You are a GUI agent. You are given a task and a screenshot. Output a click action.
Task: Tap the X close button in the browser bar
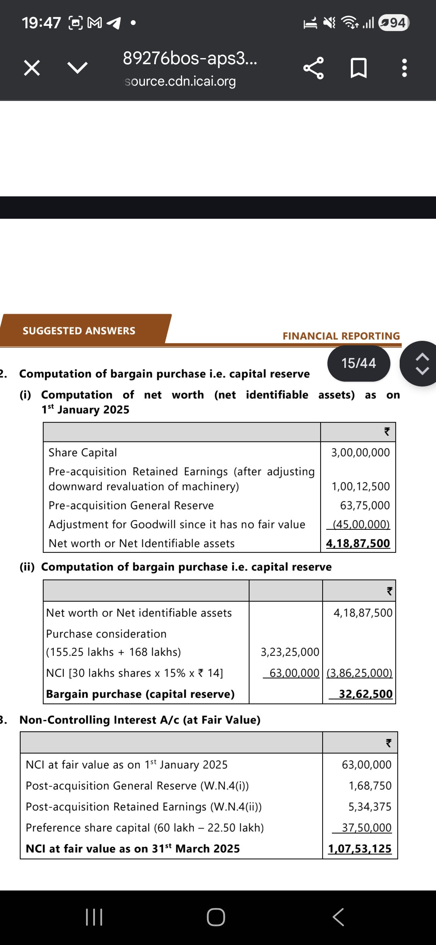pyautogui.click(x=32, y=68)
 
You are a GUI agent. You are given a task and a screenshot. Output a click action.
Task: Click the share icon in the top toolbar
pyautogui.click(x=313, y=68)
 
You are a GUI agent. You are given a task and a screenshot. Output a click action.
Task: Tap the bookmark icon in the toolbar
pyautogui.click(x=358, y=68)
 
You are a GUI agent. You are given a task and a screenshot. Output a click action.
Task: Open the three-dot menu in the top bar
pyautogui.click(x=405, y=68)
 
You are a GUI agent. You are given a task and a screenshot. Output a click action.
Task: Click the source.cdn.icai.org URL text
pyautogui.click(x=180, y=82)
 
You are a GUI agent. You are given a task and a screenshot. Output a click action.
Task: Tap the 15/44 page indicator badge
pyautogui.click(x=358, y=363)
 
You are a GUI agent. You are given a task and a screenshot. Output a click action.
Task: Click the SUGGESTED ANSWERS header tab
pyautogui.click(x=79, y=331)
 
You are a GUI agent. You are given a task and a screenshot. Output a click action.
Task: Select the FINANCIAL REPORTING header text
pyautogui.click(x=341, y=336)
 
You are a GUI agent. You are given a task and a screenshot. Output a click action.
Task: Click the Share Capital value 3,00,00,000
pyautogui.click(x=361, y=452)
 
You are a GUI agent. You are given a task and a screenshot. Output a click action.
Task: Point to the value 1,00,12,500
pyautogui.click(x=361, y=486)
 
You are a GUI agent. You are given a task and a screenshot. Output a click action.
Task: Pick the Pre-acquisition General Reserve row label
pyautogui.click(x=131, y=506)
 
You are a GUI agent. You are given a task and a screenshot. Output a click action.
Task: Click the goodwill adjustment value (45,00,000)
pyautogui.click(x=361, y=524)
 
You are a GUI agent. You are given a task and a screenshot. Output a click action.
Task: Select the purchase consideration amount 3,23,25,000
pyautogui.click(x=290, y=652)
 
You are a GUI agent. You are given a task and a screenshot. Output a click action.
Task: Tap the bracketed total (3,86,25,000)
pyautogui.click(x=359, y=673)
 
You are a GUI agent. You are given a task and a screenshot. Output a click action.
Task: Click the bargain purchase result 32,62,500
pyautogui.click(x=365, y=694)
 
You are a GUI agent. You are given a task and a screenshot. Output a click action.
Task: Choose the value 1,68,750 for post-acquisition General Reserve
pyautogui.click(x=370, y=785)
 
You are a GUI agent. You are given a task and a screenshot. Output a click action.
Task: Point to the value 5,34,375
pyautogui.click(x=370, y=806)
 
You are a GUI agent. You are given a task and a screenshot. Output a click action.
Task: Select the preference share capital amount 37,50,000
pyautogui.click(x=367, y=827)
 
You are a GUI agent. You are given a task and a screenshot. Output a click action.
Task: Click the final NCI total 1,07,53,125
pyautogui.click(x=360, y=848)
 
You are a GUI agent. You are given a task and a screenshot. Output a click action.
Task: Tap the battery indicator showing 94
pyautogui.click(x=394, y=23)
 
